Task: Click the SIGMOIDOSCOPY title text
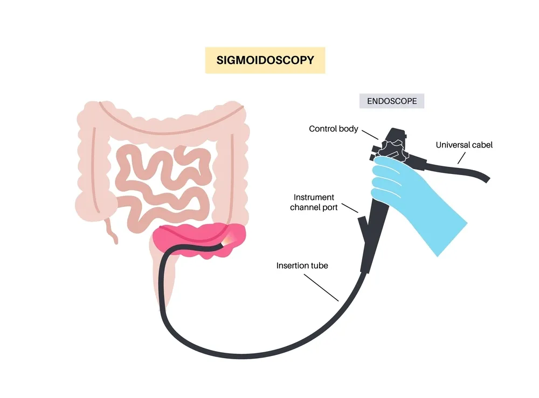pyautogui.click(x=265, y=60)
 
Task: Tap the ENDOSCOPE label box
pyautogui.click(x=392, y=101)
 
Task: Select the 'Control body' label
pyautogui.click(x=333, y=129)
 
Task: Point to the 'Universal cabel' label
pyautogui.click(x=464, y=145)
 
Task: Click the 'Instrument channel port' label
pyautogui.click(x=314, y=203)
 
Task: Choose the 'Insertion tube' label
pyautogui.click(x=302, y=266)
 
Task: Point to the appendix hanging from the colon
pyautogui.click(x=110, y=229)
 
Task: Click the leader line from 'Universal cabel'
pyautogui.click(x=461, y=157)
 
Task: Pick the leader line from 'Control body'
pyautogui.click(x=370, y=134)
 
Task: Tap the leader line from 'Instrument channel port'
pyautogui.click(x=350, y=207)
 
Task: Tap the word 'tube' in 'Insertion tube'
pyautogui.click(x=319, y=266)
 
